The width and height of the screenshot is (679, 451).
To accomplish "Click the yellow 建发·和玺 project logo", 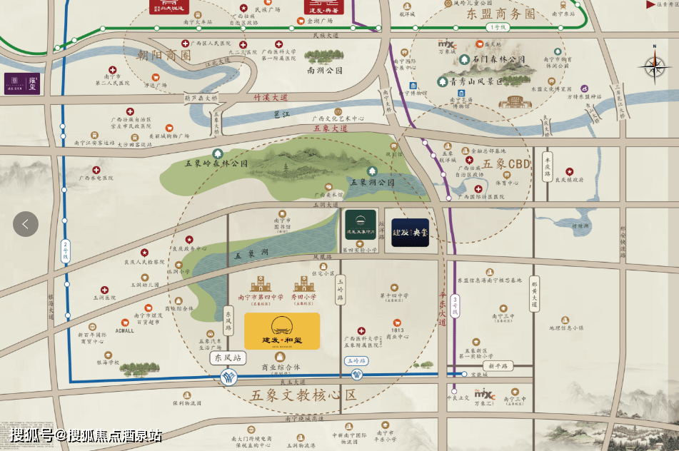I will click(x=282, y=331).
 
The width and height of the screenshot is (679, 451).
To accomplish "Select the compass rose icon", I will click(x=653, y=66).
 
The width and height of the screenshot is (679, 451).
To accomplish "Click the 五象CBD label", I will click(x=503, y=163).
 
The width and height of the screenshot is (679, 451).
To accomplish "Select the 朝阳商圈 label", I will click(x=164, y=55).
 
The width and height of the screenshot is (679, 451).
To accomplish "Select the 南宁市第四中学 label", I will click(x=260, y=296).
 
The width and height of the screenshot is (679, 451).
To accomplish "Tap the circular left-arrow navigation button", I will click(x=26, y=224).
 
